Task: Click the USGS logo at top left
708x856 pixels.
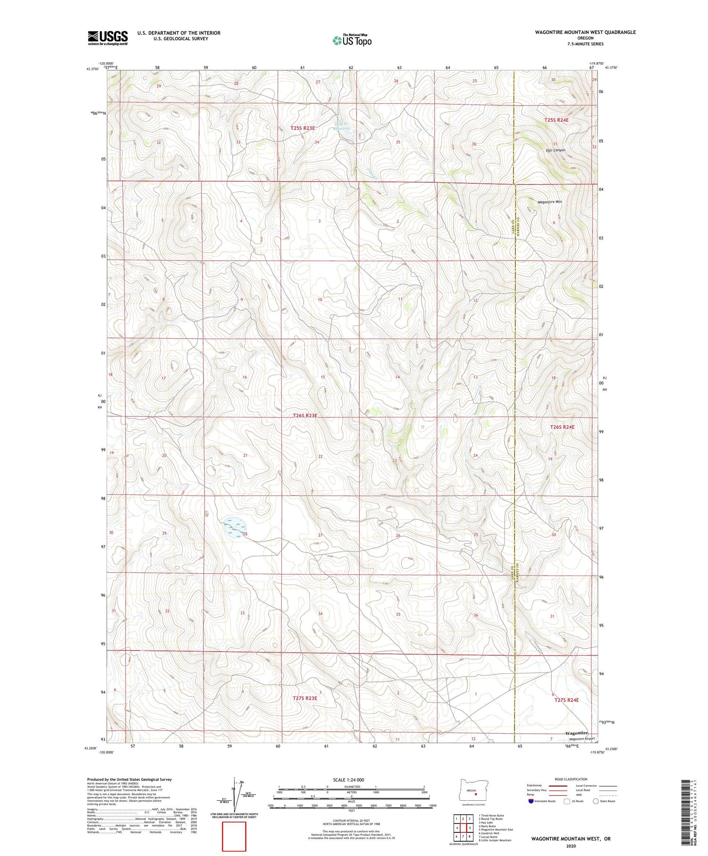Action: coord(108,38)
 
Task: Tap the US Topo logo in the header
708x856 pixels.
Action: coord(352,41)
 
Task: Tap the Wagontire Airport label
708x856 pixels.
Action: coord(582,739)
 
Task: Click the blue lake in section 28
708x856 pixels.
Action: coord(234,528)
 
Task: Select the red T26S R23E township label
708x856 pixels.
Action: coord(305,415)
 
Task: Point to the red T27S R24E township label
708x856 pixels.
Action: coord(566,700)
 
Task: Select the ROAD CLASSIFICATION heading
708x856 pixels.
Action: coord(571,779)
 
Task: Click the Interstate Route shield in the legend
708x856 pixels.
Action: coord(531,801)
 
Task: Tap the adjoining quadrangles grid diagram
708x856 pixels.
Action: coord(463,828)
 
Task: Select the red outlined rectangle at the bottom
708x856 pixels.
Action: coord(234,836)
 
